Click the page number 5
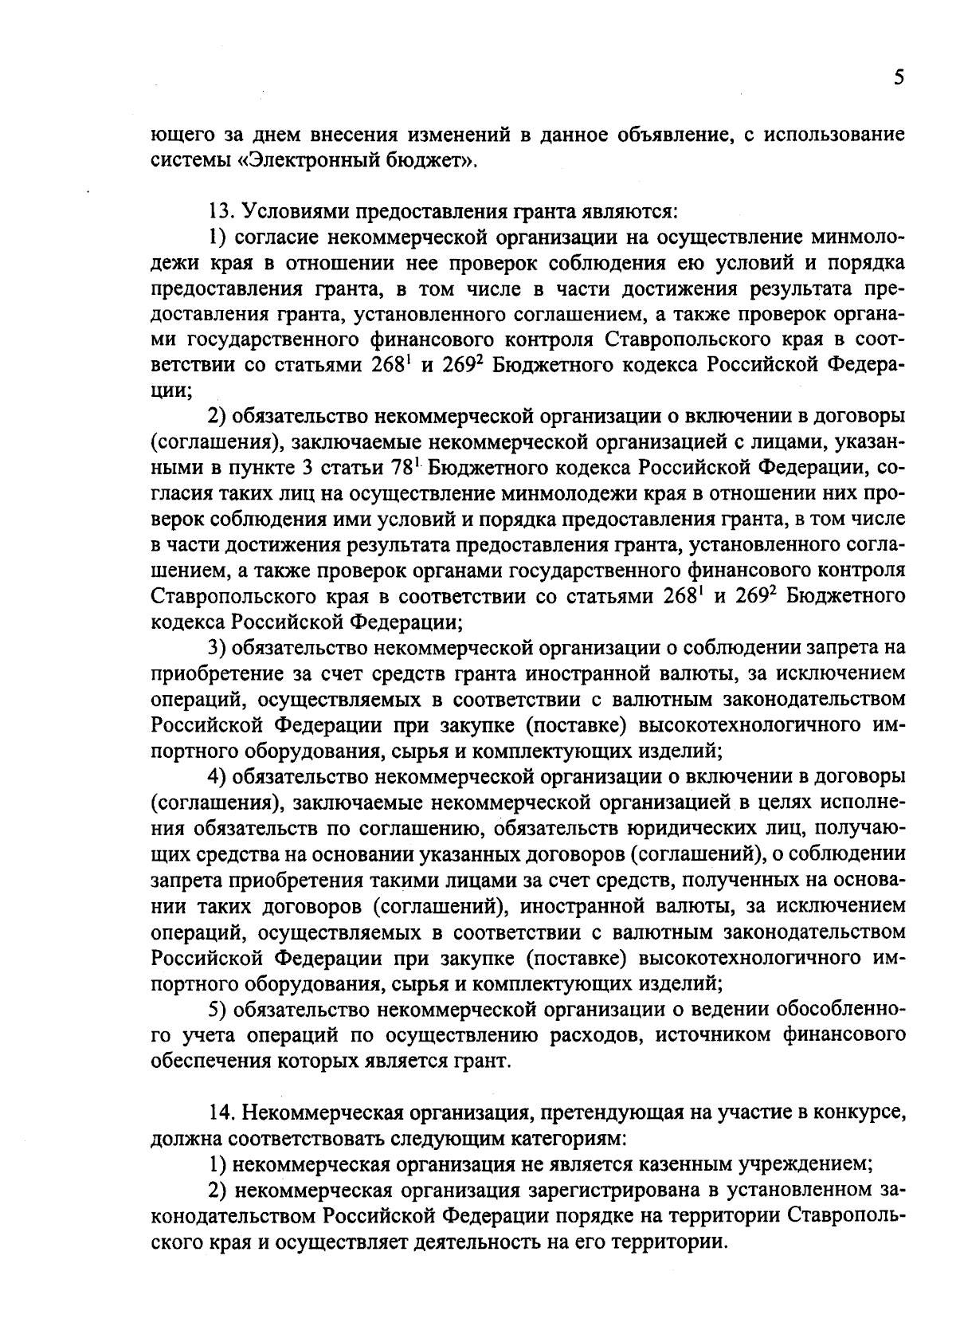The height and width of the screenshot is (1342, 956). pos(899,77)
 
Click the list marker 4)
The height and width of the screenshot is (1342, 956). pos(217,775)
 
